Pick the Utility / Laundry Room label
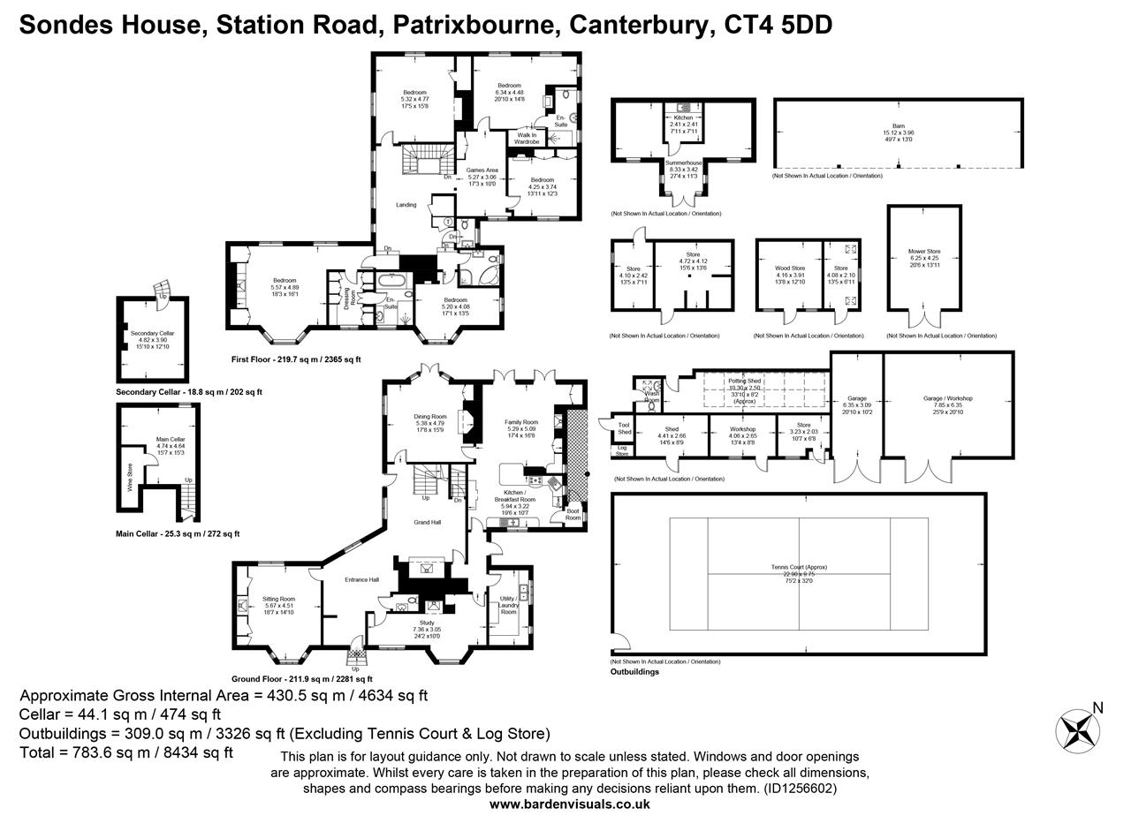click(x=508, y=605)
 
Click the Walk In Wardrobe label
click(x=527, y=138)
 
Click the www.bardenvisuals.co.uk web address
click(x=569, y=805)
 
